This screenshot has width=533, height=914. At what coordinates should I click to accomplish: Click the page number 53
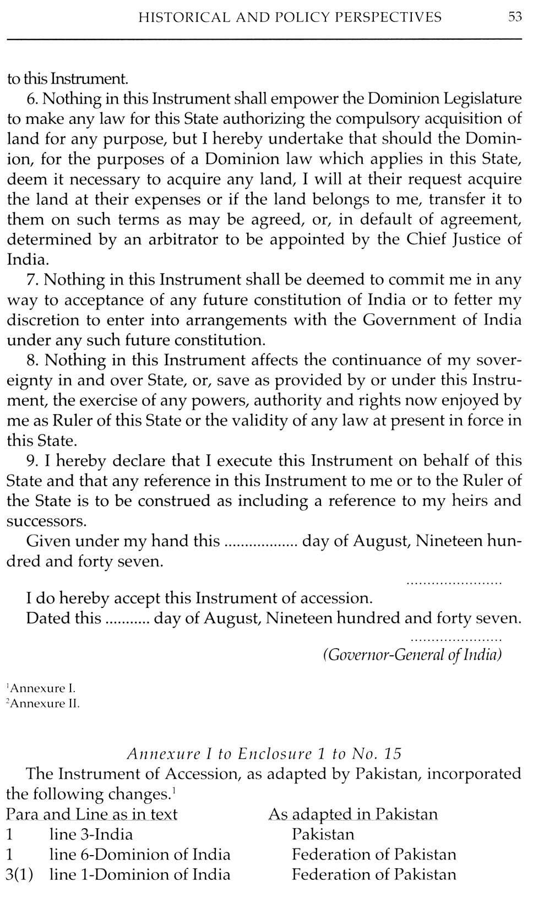tap(515, 17)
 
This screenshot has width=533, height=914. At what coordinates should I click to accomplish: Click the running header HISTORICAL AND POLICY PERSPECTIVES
tap(290, 18)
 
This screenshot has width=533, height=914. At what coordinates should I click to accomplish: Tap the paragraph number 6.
tap(31, 99)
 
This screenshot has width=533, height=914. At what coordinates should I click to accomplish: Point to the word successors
tap(46, 521)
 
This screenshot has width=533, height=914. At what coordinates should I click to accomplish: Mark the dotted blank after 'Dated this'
tap(127, 619)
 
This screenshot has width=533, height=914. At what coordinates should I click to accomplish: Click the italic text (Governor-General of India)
tap(412, 655)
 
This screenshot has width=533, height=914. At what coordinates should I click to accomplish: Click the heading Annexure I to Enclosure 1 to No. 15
tap(264, 753)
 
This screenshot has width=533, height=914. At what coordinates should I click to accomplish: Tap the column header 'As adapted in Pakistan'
tap(353, 814)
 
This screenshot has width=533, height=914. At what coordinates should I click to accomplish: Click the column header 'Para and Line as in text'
tap(92, 814)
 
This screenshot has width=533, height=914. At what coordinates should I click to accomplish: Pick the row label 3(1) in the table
tap(20, 874)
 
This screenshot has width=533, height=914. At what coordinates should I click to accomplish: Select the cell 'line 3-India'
tap(91, 834)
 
